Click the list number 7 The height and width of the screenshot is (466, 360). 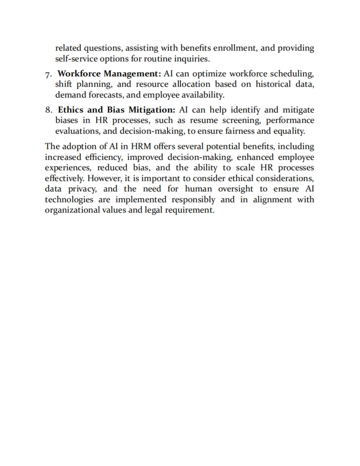point(49,74)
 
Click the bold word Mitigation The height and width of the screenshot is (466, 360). point(152,110)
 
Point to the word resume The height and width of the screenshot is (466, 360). point(204,120)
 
